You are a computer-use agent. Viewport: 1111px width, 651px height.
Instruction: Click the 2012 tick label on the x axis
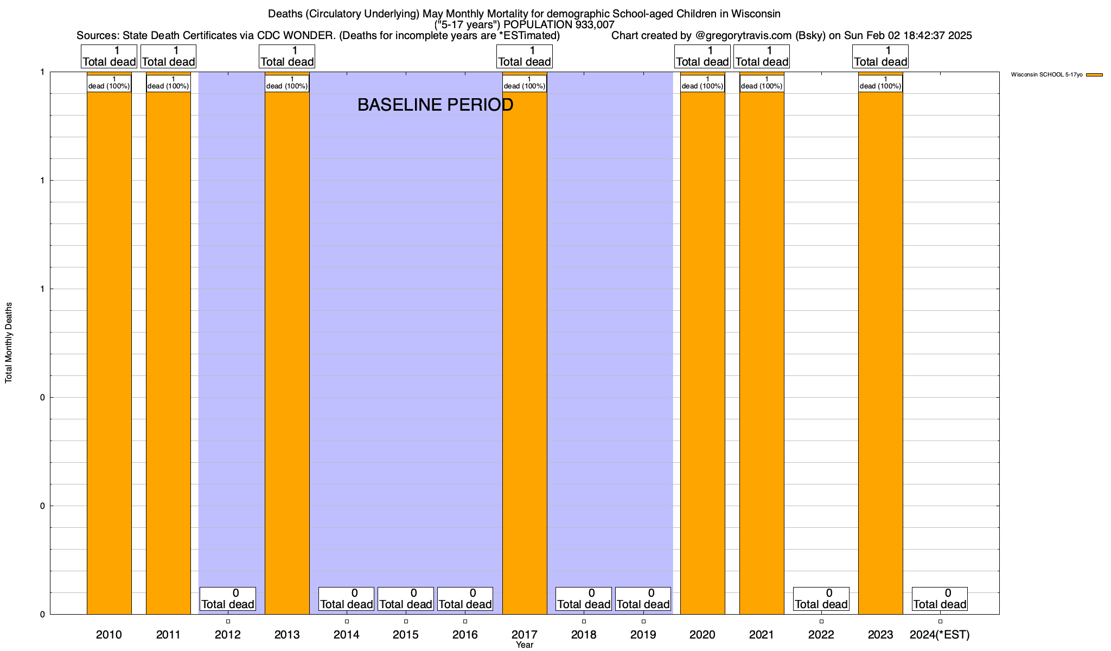click(x=228, y=635)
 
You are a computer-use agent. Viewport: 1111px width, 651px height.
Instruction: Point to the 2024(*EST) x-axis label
click(x=940, y=635)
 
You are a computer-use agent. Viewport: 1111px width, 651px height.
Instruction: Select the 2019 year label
click(x=643, y=635)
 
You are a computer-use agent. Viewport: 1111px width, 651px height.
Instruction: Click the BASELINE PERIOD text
click(x=435, y=105)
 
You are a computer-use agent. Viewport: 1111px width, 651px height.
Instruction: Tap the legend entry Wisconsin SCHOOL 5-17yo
click(x=1046, y=74)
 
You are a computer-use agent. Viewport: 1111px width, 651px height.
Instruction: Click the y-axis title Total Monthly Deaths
click(x=9, y=343)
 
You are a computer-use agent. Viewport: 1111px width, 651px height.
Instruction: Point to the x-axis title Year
click(x=525, y=645)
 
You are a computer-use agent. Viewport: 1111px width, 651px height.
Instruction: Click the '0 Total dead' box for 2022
click(x=821, y=599)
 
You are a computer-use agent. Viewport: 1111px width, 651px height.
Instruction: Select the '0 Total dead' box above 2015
click(x=406, y=599)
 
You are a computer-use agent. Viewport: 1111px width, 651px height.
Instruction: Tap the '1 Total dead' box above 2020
click(x=703, y=56)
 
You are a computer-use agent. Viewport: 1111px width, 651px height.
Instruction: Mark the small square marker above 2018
click(x=584, y=621)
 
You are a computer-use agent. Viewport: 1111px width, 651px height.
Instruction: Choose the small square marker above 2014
click(x=347, y=621)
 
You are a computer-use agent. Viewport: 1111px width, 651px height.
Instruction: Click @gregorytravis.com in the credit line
click(x=743, y=36)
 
